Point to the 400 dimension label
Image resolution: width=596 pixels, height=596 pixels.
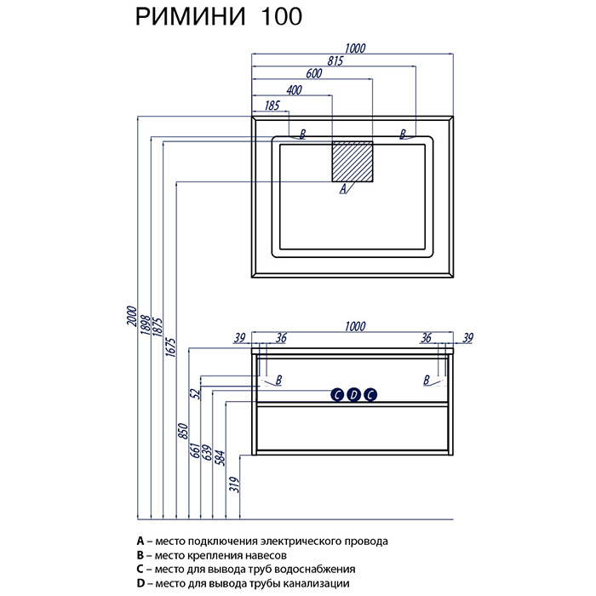pos(294,90)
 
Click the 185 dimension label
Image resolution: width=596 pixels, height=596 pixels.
pos(272,105)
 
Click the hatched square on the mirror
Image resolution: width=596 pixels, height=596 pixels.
pos(352,160)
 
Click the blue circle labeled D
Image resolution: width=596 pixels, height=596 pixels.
pos(353,393)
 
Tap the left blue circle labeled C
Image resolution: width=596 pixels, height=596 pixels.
pos(337,393)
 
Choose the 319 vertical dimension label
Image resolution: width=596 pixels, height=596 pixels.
pos(233,485)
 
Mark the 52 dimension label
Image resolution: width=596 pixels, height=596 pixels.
pos(194,393)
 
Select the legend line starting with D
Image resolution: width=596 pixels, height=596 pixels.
pos(242,582)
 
